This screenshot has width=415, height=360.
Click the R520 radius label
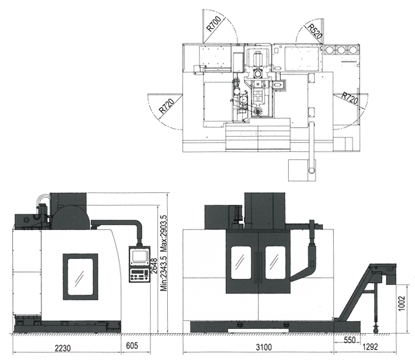click(x=314, y=31)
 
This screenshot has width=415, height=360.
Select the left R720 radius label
click(x=167, y=106)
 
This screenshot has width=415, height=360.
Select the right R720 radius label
click(x=350, y=98)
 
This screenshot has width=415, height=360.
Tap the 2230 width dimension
click(x=63, y=348)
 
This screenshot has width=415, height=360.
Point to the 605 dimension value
click(x=132, y=345)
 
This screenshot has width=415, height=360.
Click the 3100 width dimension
click(x=264, y=347)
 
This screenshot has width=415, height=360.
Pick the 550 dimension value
click(x=349, y=340)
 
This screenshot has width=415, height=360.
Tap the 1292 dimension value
click(x=370, y=347)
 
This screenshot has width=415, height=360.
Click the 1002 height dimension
click(x=402, y=303)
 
